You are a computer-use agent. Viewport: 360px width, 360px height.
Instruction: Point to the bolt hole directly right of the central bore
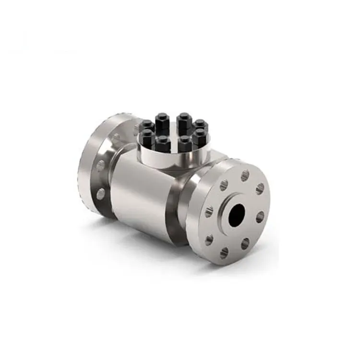(260, 218)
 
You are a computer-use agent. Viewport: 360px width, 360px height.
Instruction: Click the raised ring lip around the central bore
(226, 204)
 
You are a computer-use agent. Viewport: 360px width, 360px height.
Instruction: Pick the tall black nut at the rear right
(183, 119)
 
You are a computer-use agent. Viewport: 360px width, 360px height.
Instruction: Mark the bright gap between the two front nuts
(173, 146)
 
